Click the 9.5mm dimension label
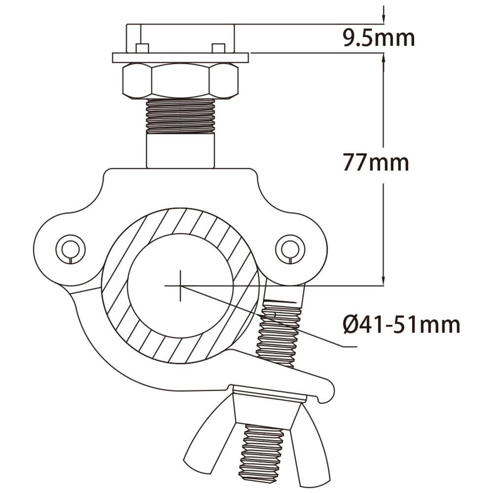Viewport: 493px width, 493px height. click(379, 38)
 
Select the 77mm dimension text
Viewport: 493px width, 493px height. click(376, 162)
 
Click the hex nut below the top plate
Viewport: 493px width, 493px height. click(180, 80)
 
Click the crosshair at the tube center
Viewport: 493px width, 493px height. click(180, 285)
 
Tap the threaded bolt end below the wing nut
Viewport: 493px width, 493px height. click(261, 454)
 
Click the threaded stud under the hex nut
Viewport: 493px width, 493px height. click(180, 116)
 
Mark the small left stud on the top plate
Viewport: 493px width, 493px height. click(142, 48)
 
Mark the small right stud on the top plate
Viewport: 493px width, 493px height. click(218, 48)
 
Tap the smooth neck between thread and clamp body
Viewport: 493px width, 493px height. click(180, 151)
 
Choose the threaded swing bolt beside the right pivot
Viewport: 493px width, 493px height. click(279, 335)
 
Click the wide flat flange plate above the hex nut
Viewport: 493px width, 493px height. click(180, 58)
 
